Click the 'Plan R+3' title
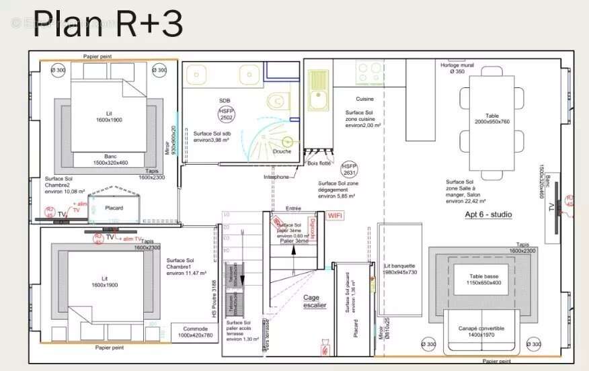click(x=108, y=24)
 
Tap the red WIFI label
click(x=335, y=216)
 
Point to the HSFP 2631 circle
click(x=348, y=168)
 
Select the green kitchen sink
click(x=318, y=91)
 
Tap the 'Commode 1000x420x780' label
click(x=195, y=331)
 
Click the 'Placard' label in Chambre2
click(x=114, y=208)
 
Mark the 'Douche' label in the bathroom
click(x=282, y=151)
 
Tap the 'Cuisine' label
click(x=364, y=99)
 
